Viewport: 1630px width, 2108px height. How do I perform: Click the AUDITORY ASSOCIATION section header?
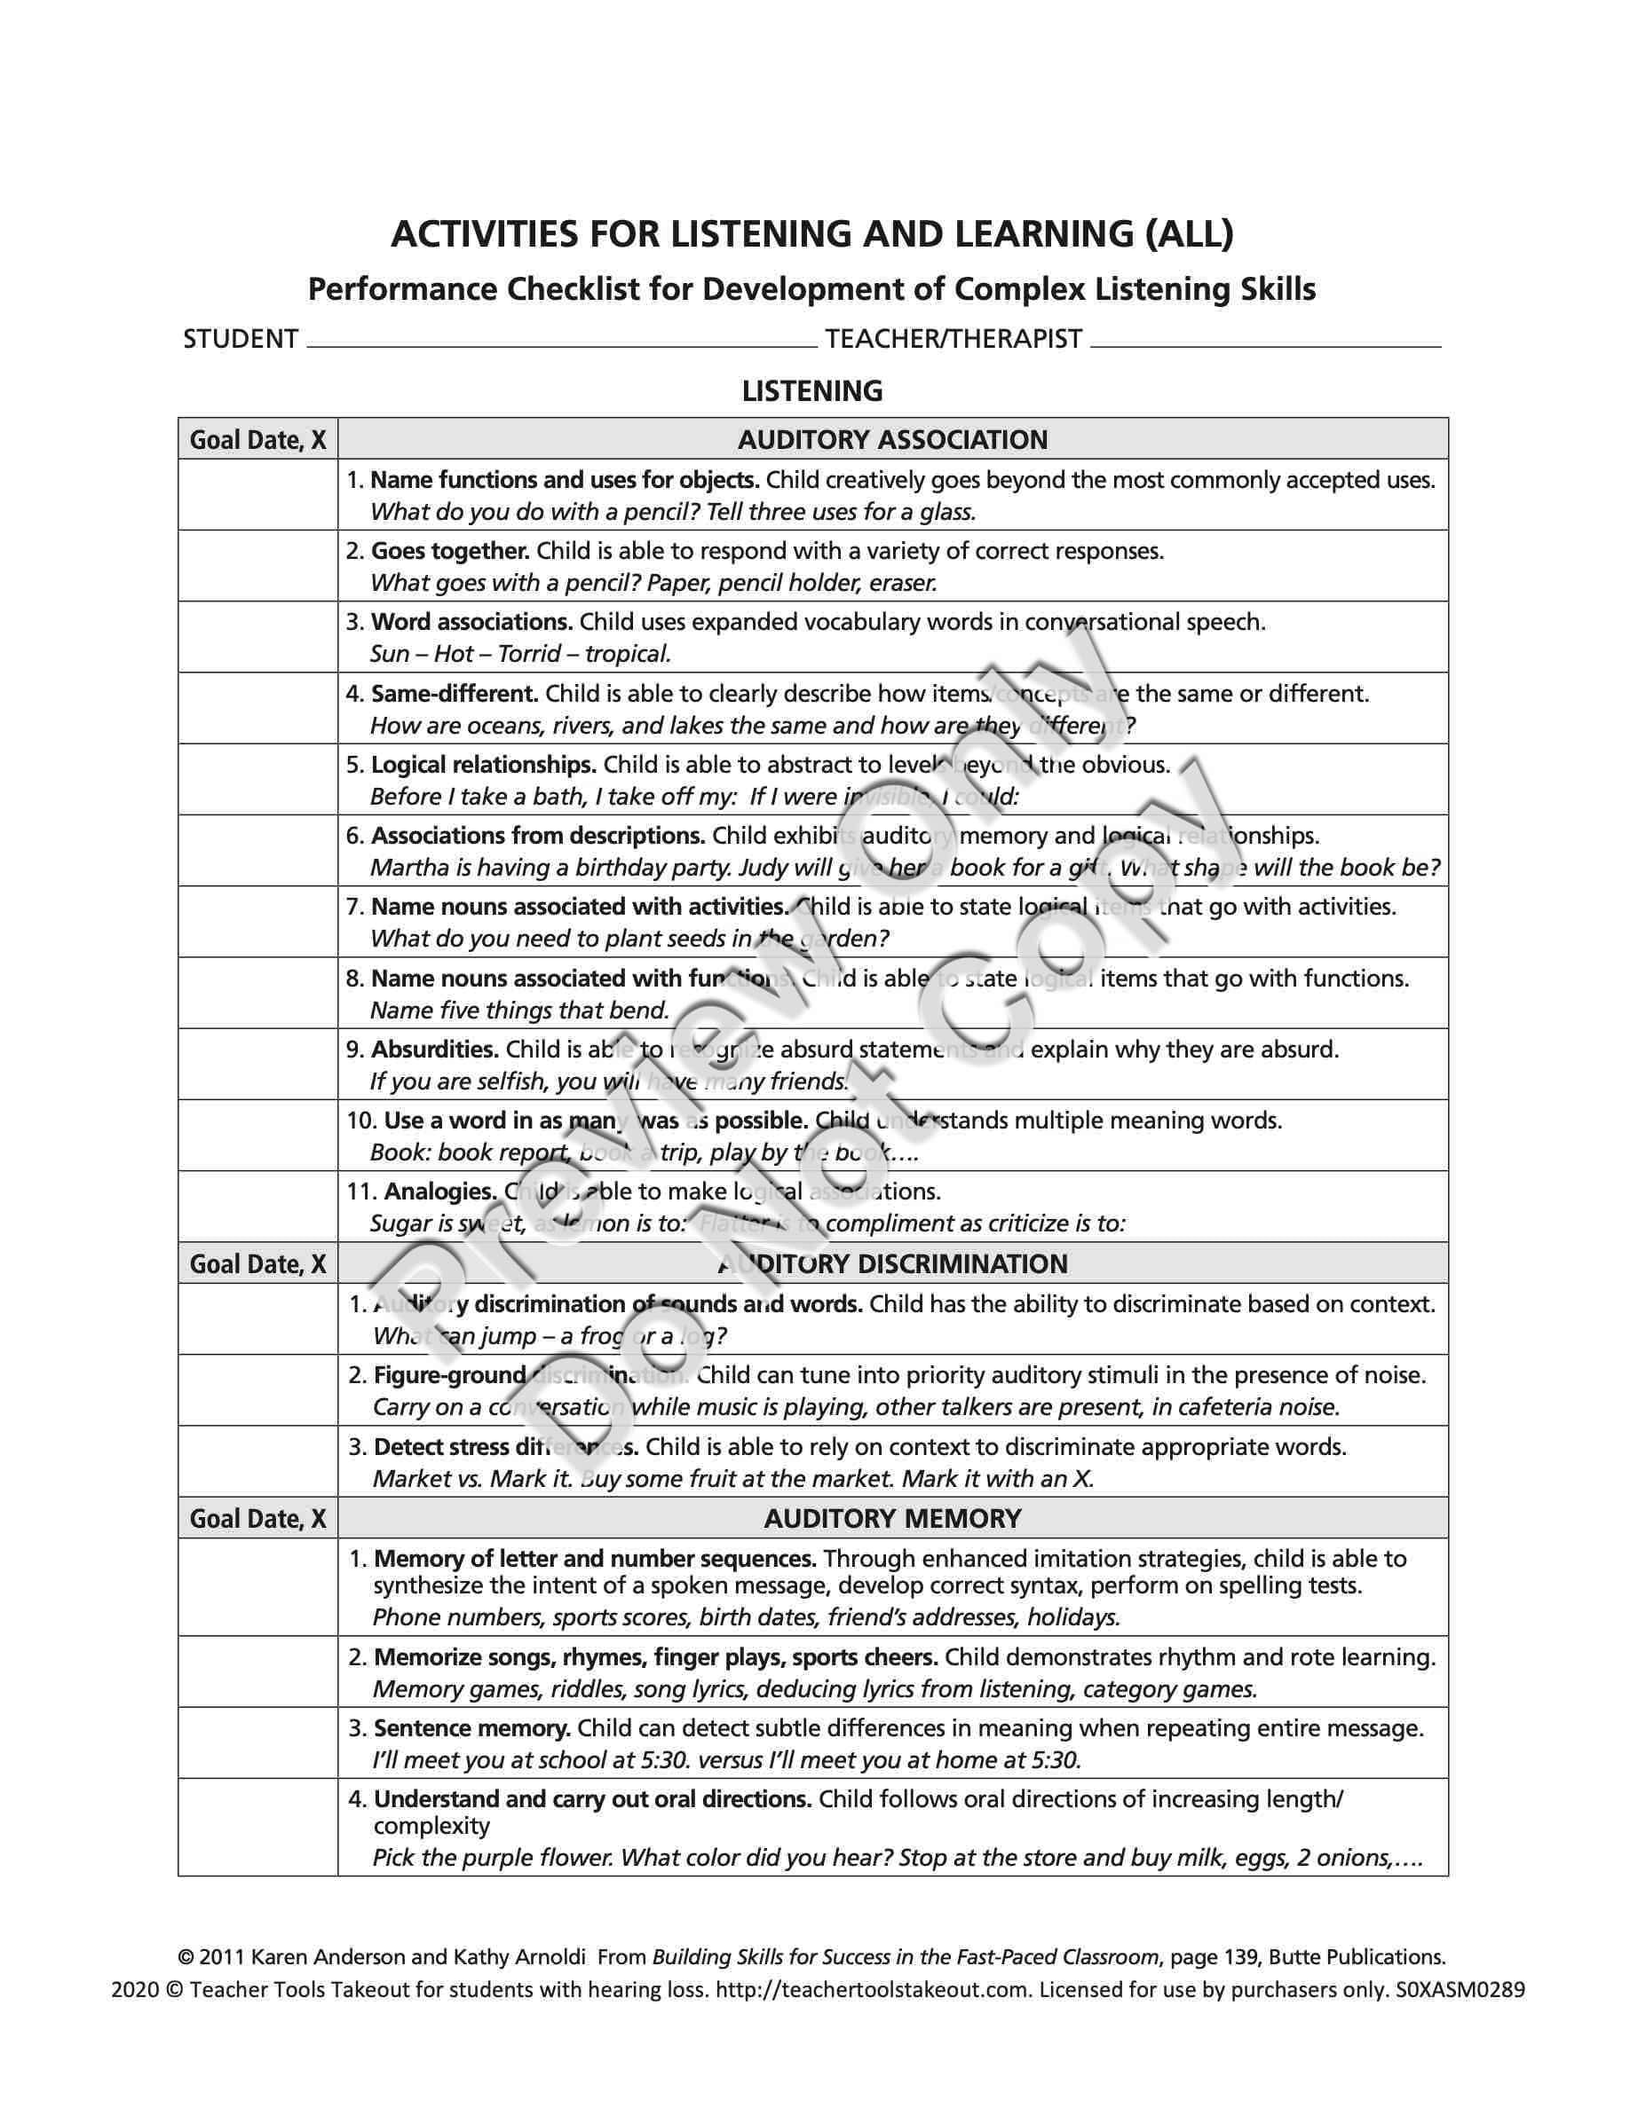[x=892, y=439]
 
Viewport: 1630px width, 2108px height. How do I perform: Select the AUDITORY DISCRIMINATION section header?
[x=892, y=1263]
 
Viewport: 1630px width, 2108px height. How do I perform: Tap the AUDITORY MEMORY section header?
[x=892, y=1518]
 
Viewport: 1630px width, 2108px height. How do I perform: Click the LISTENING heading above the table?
[x=812, y=391]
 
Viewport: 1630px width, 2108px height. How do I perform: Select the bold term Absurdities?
[x=434, y=1050]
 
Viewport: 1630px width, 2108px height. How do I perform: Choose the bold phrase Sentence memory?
[x=472, y=1727]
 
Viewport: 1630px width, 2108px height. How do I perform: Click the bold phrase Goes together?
[x=450, y=551]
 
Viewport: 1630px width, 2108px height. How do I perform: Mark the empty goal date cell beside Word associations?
[x=257, y=637]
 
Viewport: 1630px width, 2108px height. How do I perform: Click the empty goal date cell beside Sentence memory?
[x=257, y=1742]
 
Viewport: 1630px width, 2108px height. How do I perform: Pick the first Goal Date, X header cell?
[x=257, y=439]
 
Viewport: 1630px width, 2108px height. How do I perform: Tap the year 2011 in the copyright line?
[x=222, y=1957]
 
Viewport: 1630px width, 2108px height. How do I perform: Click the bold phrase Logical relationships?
[x=484, y=766]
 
